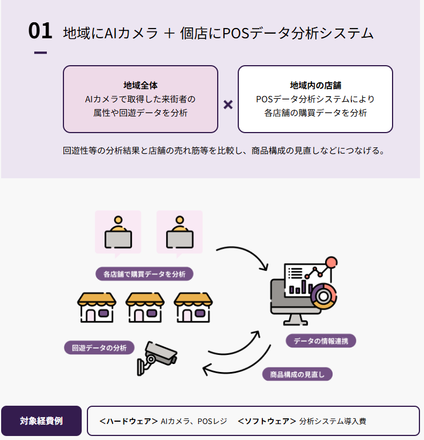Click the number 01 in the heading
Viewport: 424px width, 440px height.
pos(40,31)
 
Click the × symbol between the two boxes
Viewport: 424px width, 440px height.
pos(228,105)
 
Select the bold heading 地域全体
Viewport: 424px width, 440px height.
pos(141,85)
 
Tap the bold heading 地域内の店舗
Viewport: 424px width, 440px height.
pos(315,85)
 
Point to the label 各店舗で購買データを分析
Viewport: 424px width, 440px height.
pos(145,274)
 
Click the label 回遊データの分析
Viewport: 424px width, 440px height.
pos(99,347)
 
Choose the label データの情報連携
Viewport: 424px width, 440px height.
pos(321,341)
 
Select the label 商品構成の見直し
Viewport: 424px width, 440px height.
pos(297,374)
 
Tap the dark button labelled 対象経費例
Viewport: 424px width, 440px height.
pos(41,421)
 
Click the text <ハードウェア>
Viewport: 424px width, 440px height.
pos(129,421)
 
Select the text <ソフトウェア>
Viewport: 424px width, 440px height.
pos(267,421)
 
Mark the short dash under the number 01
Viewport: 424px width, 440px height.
pos(40,53)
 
